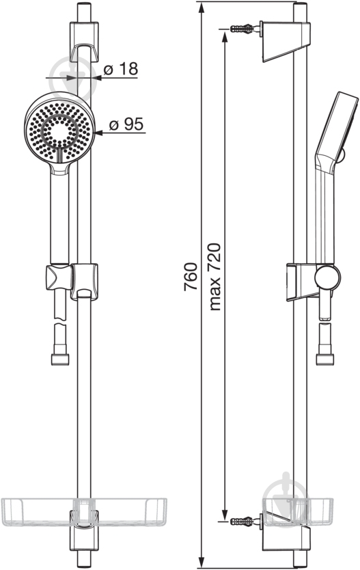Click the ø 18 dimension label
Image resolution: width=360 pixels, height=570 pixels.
[x=121, y=69]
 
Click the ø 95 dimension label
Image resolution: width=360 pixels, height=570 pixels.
[x=126, y=124]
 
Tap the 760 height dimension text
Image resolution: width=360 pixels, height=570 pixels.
[x=191, y=276]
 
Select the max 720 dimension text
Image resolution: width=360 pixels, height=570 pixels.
[x=214, y=277]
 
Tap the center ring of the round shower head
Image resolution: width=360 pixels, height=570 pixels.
[x=60, y=131]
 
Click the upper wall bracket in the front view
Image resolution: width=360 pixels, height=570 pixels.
[x=84, y=42]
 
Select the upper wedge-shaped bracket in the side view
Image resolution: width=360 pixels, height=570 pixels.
[x=286, y=42]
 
